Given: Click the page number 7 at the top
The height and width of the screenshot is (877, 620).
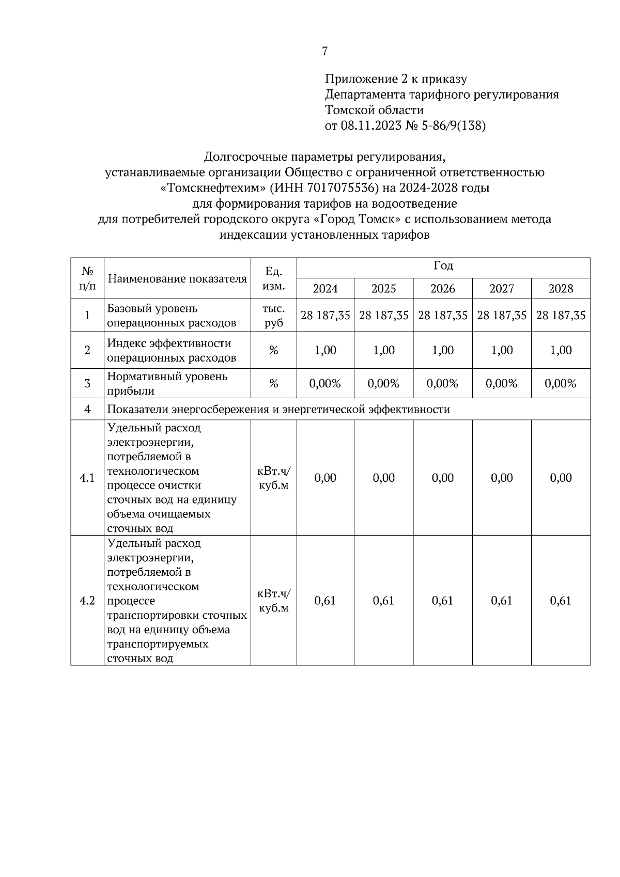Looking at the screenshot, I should click(x=324, y=51).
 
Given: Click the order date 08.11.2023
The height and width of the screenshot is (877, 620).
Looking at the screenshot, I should click(x=370, y=126).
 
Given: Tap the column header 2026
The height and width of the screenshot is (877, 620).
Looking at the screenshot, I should click(x=443, y=288).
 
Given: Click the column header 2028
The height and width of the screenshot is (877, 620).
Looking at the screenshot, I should click(x=561, y=288).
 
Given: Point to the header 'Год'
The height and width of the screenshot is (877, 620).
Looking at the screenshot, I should click(x=443, y=266).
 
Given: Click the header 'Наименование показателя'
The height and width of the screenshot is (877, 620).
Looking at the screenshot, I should click(x=177, y=279).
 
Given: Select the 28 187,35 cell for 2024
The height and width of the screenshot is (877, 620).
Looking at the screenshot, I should click(x=326, y=315).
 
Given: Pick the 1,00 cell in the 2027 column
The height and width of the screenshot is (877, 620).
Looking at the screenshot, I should click(x=502, y=350).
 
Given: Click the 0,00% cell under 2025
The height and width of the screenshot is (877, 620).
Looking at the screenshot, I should click(x=383, y=383).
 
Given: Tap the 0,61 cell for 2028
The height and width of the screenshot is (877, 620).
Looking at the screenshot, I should click(x=561, y=600).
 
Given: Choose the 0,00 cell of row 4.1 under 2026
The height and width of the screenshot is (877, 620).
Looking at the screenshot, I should click(x=443, y=478).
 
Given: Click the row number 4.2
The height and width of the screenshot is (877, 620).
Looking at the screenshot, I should click(x=87, y=600).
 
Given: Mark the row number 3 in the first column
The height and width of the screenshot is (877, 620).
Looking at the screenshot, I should click(x=87, y=383).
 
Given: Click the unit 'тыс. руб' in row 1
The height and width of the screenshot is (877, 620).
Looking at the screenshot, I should click(x=273, y=316).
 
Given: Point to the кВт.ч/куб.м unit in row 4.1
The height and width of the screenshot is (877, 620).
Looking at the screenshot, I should click(x=273, y=478).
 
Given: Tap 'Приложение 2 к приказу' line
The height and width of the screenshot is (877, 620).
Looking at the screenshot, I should click(x=396, y=79).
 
